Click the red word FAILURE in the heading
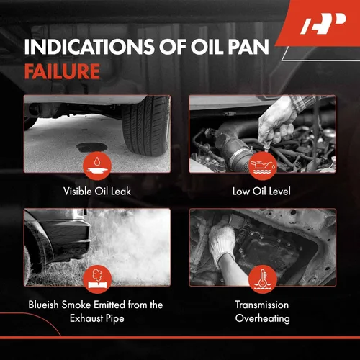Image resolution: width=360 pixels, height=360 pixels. coord(62,71)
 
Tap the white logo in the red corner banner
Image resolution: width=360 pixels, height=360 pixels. coord(323,23)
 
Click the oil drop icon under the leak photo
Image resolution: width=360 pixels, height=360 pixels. coord(97,166)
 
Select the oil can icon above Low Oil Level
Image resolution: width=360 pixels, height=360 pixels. coord(262,166)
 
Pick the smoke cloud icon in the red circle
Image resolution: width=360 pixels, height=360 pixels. coord(97,279)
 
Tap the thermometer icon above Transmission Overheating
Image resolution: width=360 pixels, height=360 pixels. coord(262,279)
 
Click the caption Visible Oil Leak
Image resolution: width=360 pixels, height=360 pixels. coord(97,192)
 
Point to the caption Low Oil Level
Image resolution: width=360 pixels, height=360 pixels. coord(261,192)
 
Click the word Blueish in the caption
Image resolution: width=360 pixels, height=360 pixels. coord(43,305)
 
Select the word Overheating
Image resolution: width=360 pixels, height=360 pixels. coord(263,319)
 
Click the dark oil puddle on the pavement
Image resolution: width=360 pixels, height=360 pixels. coord(91,148)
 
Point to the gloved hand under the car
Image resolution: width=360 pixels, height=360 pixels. coord(222,243)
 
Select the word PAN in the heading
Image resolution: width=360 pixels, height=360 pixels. coord(248,47)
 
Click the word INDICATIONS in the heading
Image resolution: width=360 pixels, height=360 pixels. coord(89,47)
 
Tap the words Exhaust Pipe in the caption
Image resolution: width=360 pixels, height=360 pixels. coord(97,319)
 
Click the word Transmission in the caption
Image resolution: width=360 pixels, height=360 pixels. coord(262,305)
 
